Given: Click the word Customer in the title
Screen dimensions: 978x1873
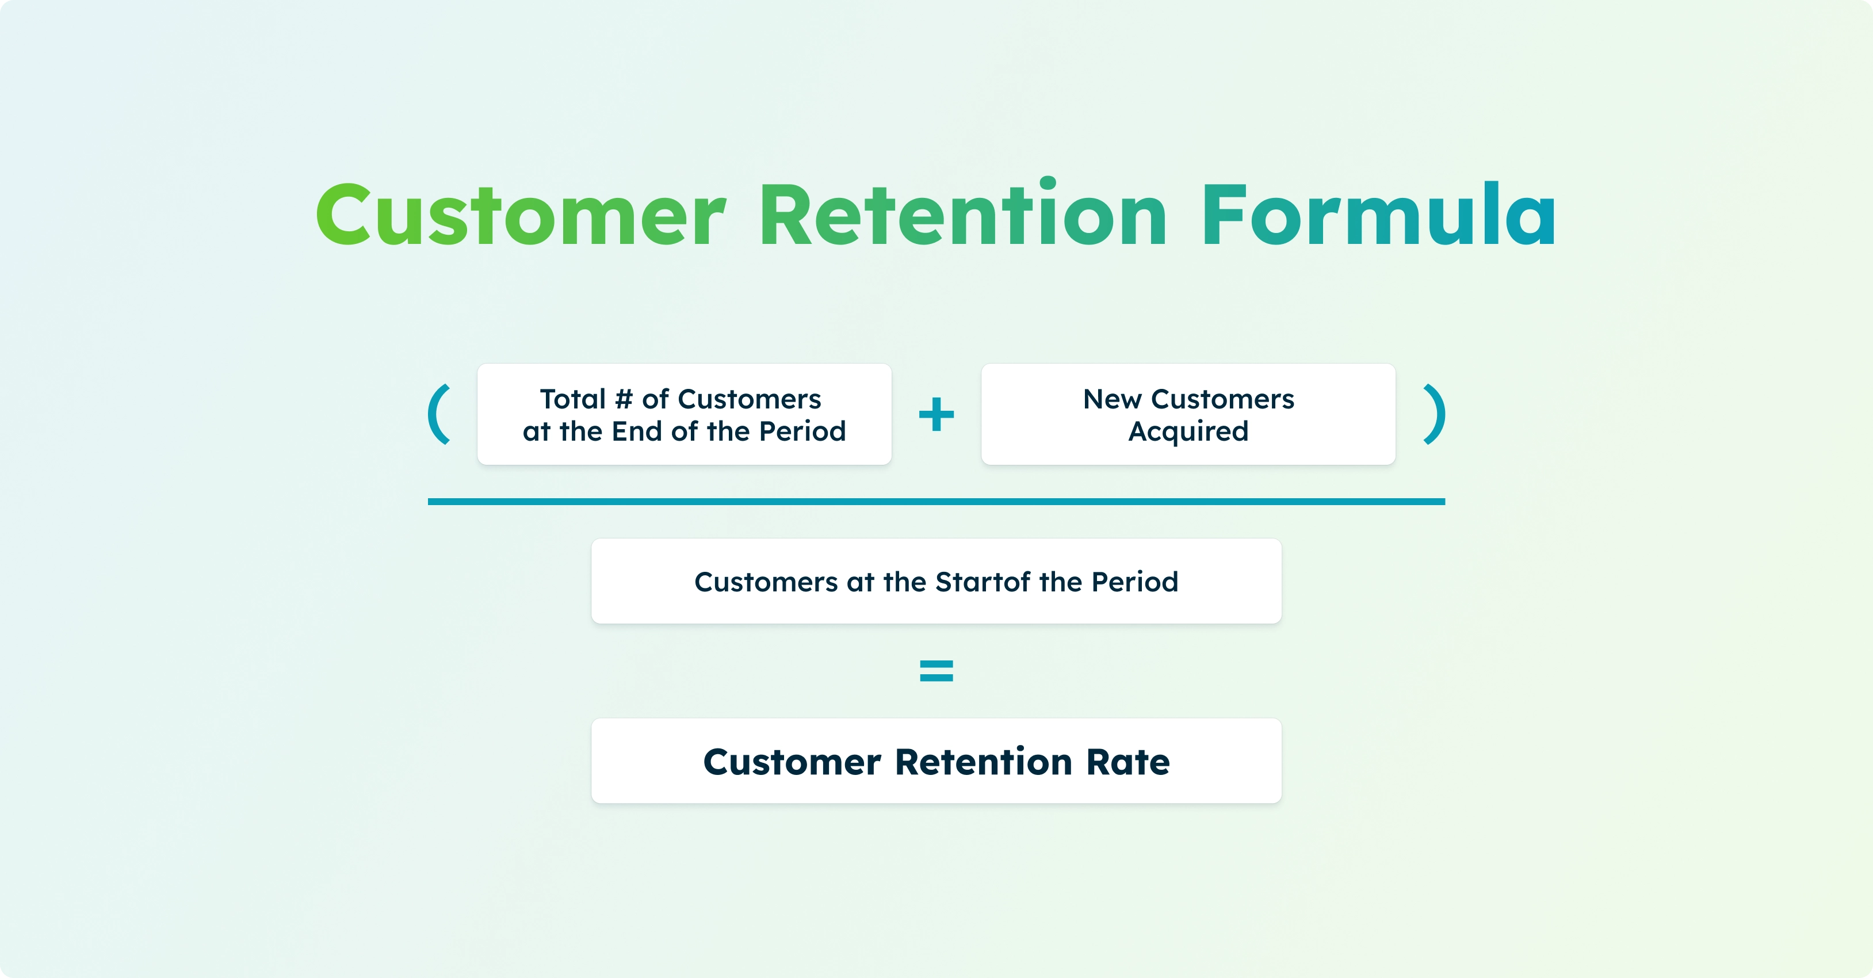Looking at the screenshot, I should [520, 216].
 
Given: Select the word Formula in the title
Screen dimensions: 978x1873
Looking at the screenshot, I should [1378, 216].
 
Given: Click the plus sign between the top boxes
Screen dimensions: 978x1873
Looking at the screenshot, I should [936, 414].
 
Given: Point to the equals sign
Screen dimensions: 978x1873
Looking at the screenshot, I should [936, 670].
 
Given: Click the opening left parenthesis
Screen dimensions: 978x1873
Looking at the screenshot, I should [439, 414].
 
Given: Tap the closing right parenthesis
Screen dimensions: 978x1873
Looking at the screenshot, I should [1434, 414].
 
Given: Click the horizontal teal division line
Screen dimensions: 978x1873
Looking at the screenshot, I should [936, 502].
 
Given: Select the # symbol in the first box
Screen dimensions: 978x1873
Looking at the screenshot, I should [624, 399].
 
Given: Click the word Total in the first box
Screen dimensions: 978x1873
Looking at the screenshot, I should [572, 399].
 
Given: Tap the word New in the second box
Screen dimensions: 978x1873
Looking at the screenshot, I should [1112, 399].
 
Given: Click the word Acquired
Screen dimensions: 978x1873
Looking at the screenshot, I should [1188, 432].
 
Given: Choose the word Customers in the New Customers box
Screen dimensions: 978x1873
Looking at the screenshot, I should [1223, 399].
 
